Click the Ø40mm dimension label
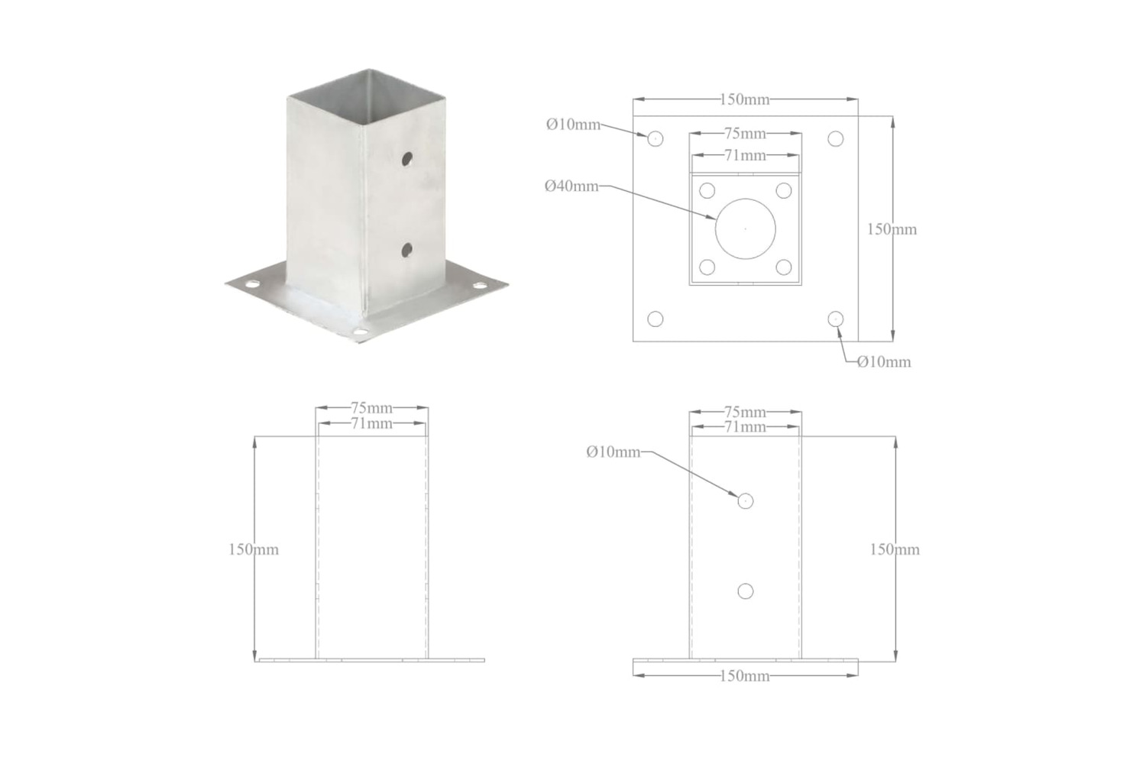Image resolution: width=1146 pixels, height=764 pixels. (x=571, y=186)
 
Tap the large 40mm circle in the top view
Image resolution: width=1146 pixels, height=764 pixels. (x=716, y=228)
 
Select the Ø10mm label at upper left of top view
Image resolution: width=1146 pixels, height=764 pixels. (x=574, y=125)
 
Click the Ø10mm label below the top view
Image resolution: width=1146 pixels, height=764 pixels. (x=884, y=362)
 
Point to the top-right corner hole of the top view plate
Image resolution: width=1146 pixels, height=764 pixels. (x=836, y=139)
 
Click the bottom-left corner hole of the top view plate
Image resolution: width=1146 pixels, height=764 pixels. (x=656, y=319)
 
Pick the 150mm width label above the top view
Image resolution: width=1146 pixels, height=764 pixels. (x=745, y=99)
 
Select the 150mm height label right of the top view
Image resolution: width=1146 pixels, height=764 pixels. (x=892, y=229)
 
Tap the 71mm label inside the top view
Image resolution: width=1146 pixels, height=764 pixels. (x=746, y=155)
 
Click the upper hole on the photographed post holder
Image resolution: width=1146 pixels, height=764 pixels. (x=407, y=159)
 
